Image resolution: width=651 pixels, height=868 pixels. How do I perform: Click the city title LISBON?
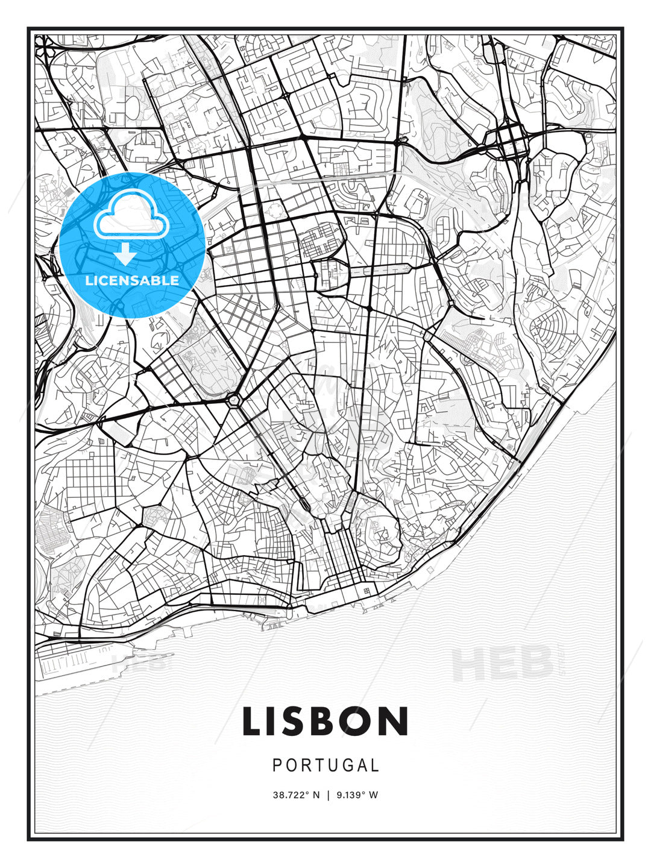tap(325, 722)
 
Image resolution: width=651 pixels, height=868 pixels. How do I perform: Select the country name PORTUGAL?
tap(325, 766)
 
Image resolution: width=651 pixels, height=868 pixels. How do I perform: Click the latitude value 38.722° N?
tap(296, 795)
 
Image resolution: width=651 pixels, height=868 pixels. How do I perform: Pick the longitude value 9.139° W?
tap(356, 795)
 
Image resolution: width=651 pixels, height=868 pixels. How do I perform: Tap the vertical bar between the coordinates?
tap(328, 795)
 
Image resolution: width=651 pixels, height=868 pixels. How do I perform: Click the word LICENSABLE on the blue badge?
tap(132, 280)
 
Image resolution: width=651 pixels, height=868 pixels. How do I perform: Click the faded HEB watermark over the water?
tap(502, 662)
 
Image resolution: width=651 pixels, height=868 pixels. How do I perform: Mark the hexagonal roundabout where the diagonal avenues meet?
tap(233, 399)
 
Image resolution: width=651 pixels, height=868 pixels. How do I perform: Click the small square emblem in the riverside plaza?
tap(366, 591)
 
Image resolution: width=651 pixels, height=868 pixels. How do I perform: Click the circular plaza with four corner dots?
tap(276, 210)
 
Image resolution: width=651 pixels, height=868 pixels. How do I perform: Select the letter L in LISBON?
tap(251, 722)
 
